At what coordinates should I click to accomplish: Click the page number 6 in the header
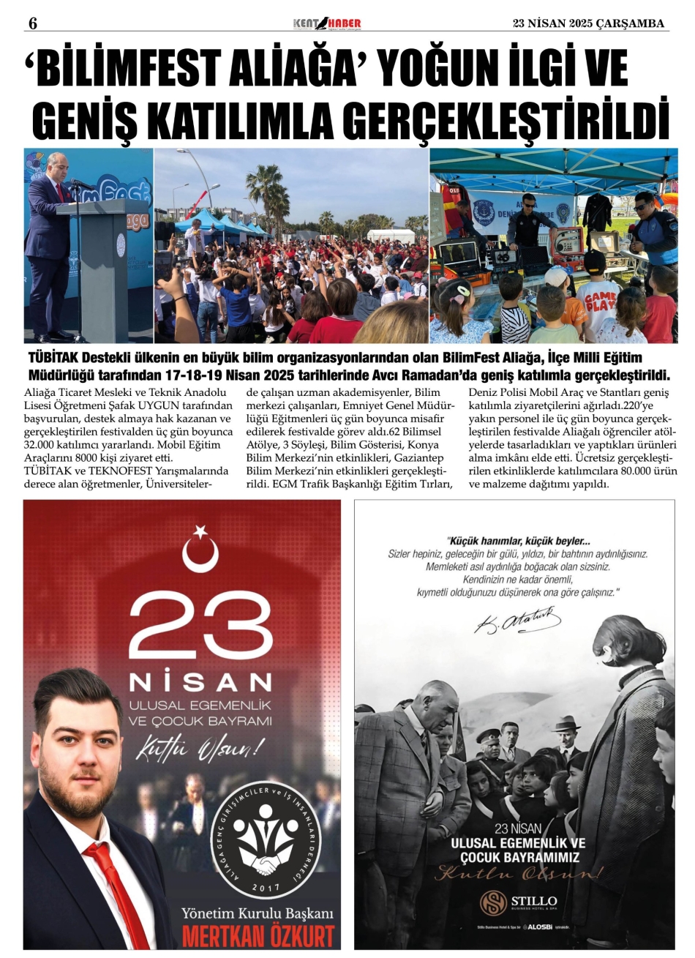pos(32,23)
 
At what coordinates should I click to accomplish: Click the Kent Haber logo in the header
pos(327,23)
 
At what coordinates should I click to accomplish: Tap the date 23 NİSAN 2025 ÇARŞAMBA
pos(588,23)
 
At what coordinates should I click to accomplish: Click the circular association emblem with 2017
pos(260,842)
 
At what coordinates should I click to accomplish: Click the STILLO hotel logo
pos(519,901)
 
